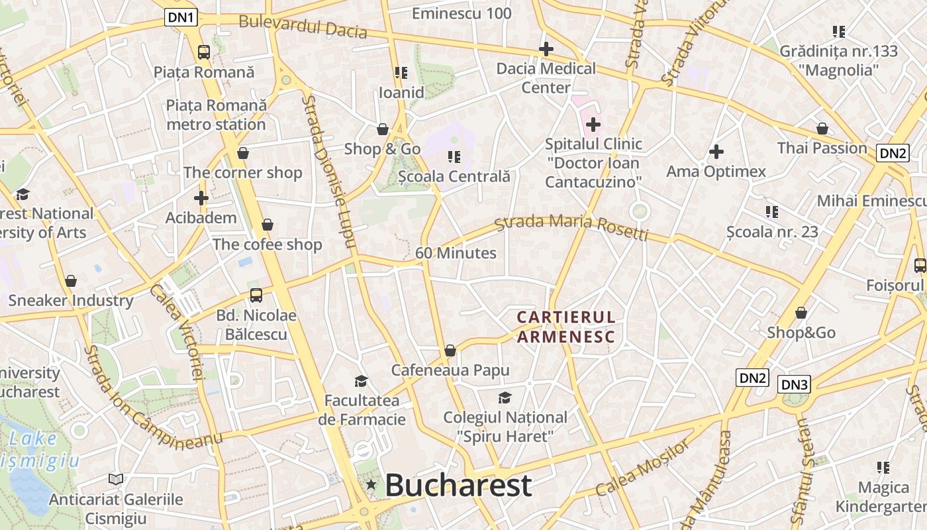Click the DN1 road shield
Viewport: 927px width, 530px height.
point(181,17)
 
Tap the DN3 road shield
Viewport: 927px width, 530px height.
point(795,384)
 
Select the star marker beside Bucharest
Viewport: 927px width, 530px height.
point(371,486)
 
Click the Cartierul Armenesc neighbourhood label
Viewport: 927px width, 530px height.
point(566,327)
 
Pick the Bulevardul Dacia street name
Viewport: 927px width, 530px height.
point(303,26)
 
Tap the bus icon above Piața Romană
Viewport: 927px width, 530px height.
point(204,52)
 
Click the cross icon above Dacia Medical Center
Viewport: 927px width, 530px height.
point(546,48)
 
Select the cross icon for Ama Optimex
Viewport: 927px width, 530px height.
point(716,152)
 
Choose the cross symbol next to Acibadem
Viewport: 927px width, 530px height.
point(201,197)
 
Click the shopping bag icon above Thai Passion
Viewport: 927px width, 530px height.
point(822,129)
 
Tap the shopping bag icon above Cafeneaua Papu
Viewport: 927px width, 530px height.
point(450,350)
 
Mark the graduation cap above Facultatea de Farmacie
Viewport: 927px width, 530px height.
point(361,381)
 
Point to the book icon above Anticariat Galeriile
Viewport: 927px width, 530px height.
point(116,478)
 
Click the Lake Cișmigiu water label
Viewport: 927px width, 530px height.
point(40,449)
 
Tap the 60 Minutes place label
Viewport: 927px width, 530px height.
point(456,253)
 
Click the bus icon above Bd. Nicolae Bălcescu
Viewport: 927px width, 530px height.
point(256,295)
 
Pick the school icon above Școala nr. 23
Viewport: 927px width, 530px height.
point(772,212)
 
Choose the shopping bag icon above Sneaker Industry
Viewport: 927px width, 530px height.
point(71,281)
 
